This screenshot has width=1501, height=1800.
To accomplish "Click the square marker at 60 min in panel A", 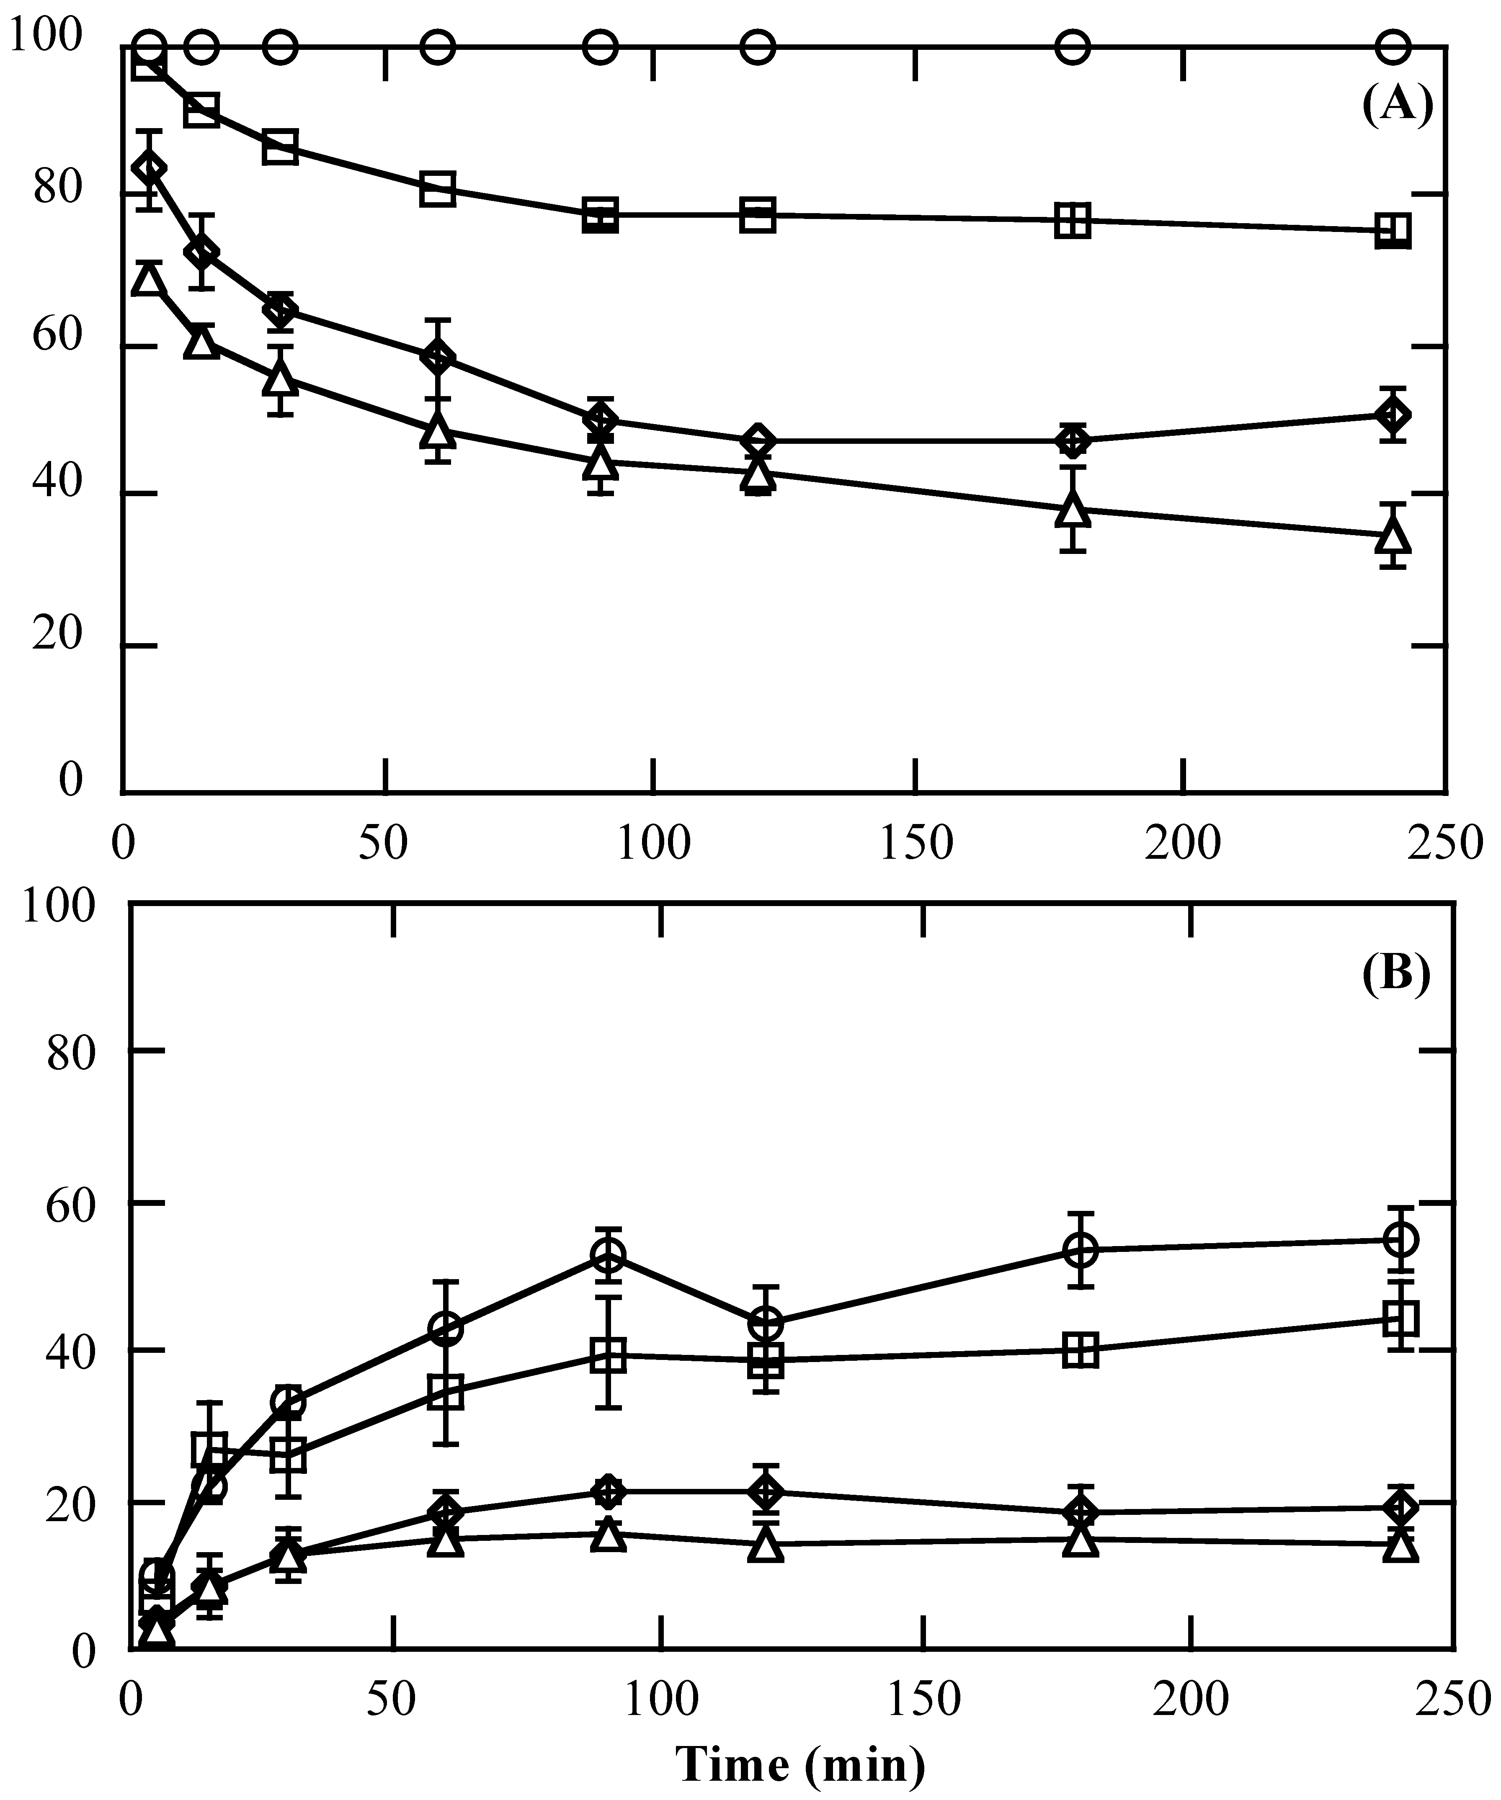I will click(437, 188).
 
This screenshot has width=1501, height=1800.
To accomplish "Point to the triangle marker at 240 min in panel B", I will click(1401, 1545).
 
